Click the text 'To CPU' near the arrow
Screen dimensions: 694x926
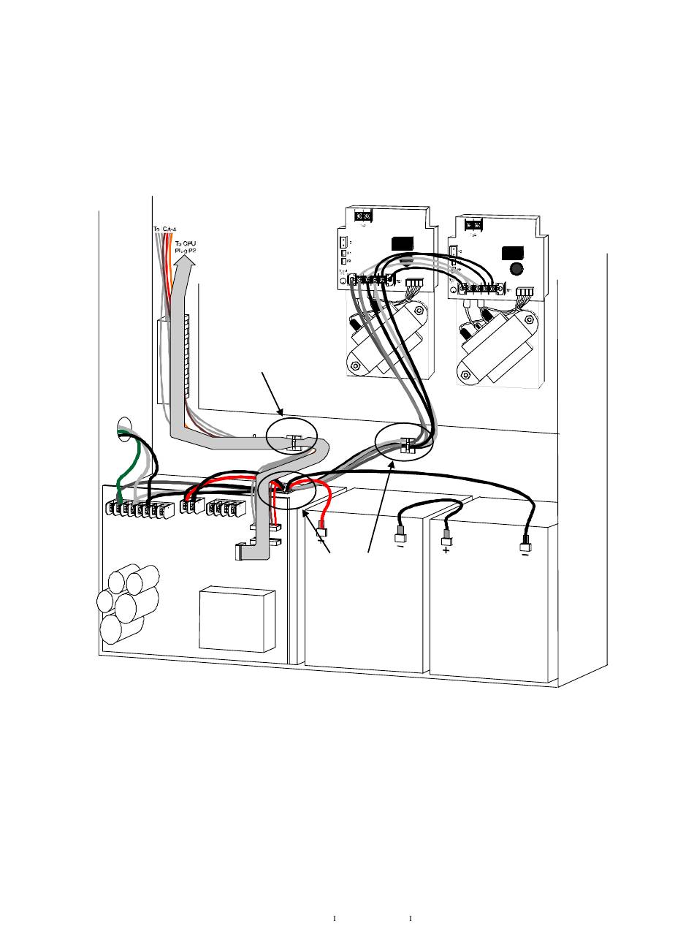pyautogui.click(x=185, y=243)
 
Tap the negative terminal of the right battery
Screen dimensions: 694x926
pyautogui.click(x=525, y=547)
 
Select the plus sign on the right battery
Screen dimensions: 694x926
pyautogui.click(x=446, y=550)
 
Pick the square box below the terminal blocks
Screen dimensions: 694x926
pyautogui.click(x=237, y=618)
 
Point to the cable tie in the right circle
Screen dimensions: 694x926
pyautogui.click(x=407, y=445)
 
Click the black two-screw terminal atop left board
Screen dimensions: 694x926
pyautogui.click(x=363, y=216)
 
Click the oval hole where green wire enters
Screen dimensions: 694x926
pyautogui.click(x=123, y=426)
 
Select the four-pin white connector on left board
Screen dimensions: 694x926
pyautogui.click(x=414, y=282)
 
